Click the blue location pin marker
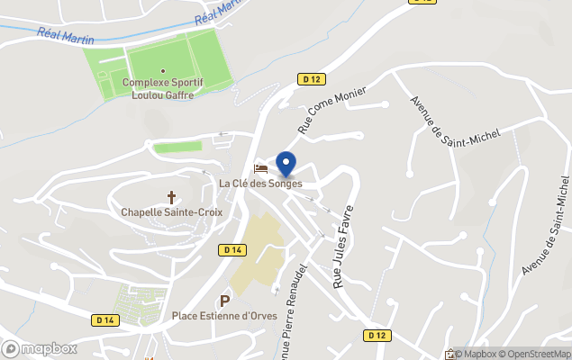tap(286, 165)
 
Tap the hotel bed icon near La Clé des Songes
tap(261, 168)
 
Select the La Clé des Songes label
tap(260, 184)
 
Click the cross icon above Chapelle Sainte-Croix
tap(171, 196)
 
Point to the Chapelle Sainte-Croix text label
tap(171, 212)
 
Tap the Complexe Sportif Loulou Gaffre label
tap(163, 88)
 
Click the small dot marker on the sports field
tap(163, 70)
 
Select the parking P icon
tap(224, 300)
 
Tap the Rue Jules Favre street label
tap(342, 246)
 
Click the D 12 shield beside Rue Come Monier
tap(312, 79)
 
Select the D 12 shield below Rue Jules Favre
tap(377, 335)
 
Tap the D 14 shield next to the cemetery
tap(105, 319)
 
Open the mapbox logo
tap(39, 348)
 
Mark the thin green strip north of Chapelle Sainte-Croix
tap(177, 147)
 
